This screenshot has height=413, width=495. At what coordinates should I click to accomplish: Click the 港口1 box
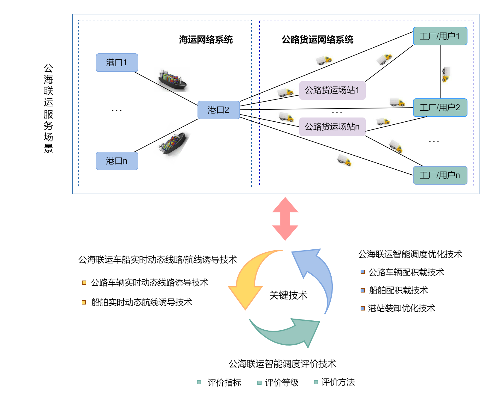(117, 63)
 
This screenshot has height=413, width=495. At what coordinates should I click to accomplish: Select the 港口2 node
(218, 110)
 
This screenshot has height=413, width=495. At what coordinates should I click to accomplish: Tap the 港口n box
(117, 161)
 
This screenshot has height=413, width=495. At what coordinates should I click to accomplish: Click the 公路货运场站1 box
(332, 90)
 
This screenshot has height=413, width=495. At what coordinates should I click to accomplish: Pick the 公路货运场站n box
(332, 127)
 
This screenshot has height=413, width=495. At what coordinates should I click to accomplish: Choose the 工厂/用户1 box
(440, 36)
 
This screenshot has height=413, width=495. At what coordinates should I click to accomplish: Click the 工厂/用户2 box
(440, 108)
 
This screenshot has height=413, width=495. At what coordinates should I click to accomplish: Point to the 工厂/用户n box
(440, 175)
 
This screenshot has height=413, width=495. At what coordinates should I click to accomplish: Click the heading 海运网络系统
(206, 40)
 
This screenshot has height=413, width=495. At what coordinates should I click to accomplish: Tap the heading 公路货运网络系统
(318, 40)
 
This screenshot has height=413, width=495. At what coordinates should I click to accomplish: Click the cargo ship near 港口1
(172, 80)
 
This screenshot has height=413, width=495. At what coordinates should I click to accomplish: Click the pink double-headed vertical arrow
(285, 219)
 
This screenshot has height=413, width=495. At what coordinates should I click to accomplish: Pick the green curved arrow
(287, 333)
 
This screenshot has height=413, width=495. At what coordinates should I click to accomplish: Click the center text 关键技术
(288, 296)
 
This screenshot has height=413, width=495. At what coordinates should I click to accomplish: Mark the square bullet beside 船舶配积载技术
(363, 290)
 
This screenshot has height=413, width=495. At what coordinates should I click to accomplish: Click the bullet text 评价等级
(282, 383)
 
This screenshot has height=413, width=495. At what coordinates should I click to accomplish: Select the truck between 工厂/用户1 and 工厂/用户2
(446, 74)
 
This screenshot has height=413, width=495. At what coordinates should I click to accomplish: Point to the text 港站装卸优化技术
(401, 308)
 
